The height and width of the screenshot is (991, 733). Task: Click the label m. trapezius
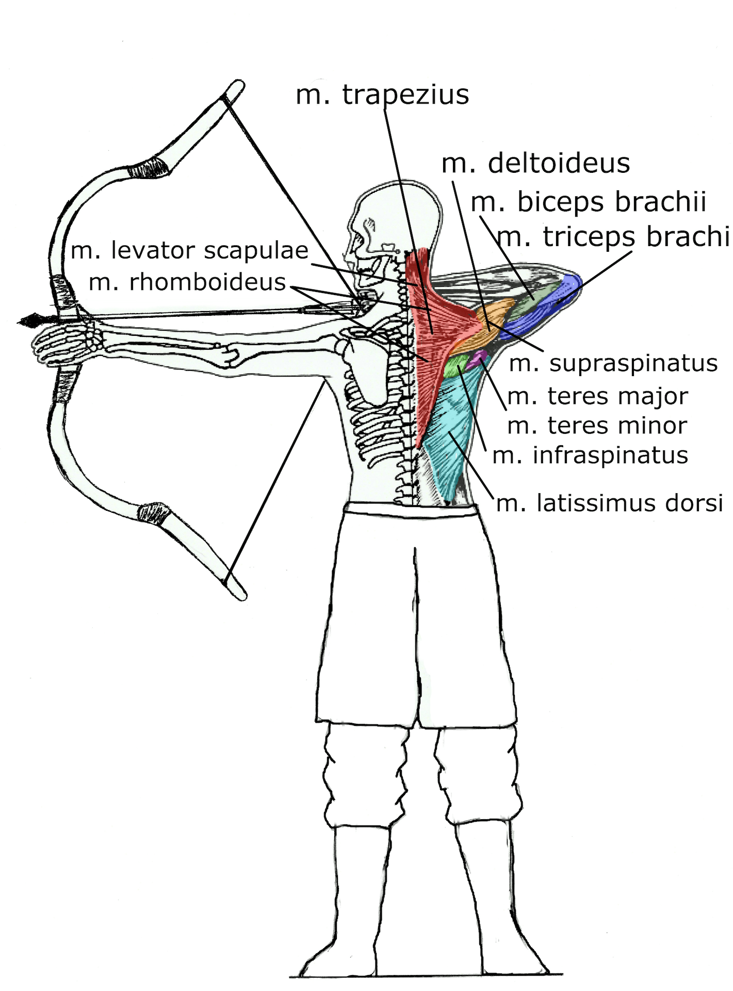(382, 95)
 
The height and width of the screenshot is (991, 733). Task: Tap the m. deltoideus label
(536, 164)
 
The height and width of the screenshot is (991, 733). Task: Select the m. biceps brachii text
(589, 202)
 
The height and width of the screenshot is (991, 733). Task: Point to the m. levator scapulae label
(190, 251)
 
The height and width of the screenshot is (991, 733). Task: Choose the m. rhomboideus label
(188, 282)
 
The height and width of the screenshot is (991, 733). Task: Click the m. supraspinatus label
(613, 363)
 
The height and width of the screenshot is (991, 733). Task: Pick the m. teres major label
(598, 397)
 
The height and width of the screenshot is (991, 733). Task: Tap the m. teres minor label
(597, 426)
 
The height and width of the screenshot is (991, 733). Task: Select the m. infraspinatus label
(591, 456)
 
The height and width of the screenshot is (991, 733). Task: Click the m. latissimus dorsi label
(610, 503)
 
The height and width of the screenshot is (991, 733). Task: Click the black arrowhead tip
(19, 322)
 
